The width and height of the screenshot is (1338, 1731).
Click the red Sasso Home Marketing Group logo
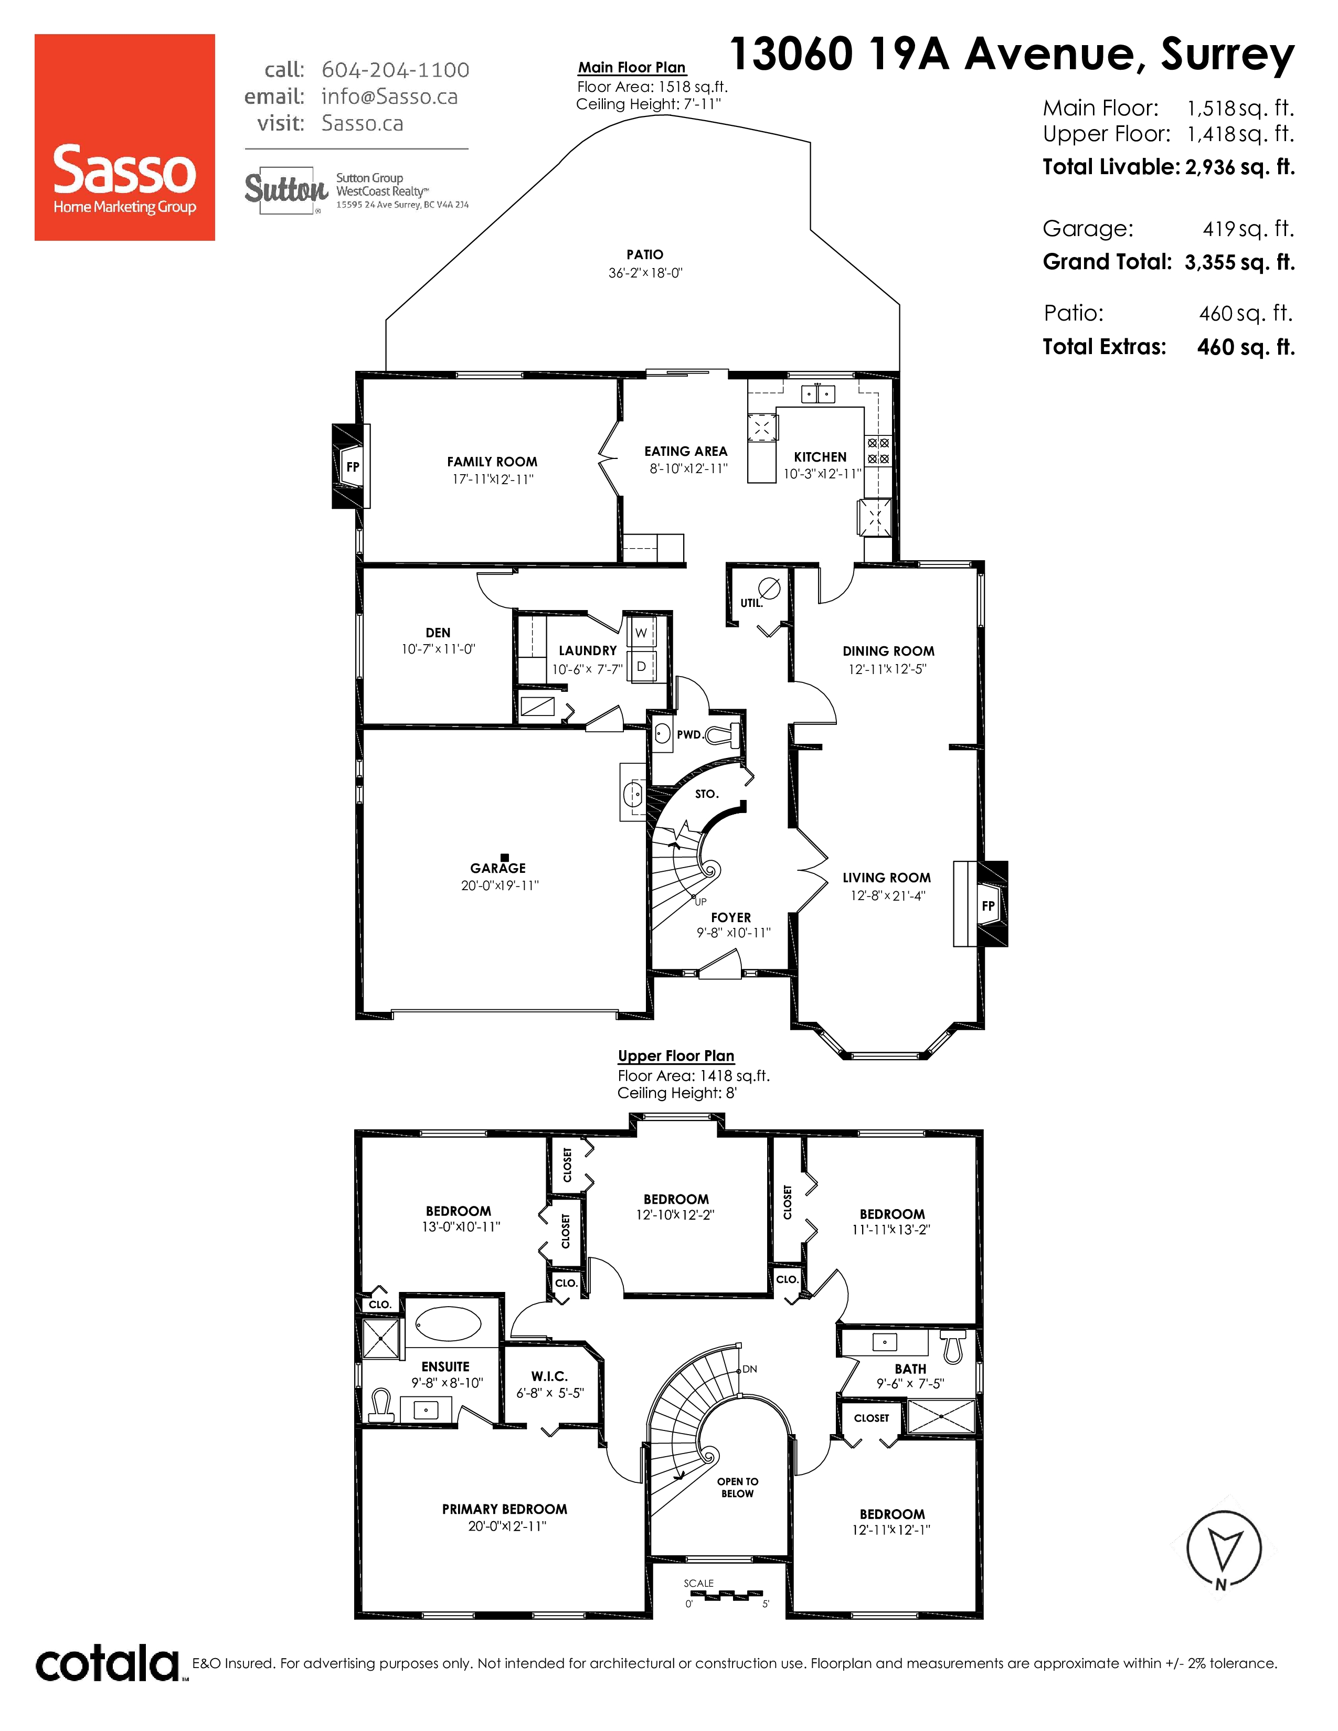pyautogui.click(x=124, y=137)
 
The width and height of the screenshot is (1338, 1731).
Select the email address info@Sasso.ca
pyautogui.click(x=389, y=97)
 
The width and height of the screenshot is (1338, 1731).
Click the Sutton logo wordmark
pyautogui.click(x=286, y=190)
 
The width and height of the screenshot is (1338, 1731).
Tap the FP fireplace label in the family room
pyautogui.click(x=353, y=467)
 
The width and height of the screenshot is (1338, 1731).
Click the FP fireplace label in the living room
pyautogui.click(x=989, y=906)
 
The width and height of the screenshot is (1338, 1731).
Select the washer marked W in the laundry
pyautogui.click(x=641, y=633)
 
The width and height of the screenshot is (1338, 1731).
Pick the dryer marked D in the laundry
pyautogui.click(x=641, y=667)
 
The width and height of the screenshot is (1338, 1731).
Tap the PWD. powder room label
pyautogui.click(x=689, y=735)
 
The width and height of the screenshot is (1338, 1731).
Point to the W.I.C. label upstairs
pyautogui.click(x=549, y=1377)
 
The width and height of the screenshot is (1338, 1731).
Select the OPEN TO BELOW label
pyautogui.click(x=738, y=1488)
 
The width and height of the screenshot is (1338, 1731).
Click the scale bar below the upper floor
pyautogui.click(x=726, y=1594)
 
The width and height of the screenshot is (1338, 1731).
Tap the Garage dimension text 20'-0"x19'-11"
pyautogui.click(x=500, y=885)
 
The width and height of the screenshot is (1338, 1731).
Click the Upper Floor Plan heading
pyautogui.click(x=676, y=1056)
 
